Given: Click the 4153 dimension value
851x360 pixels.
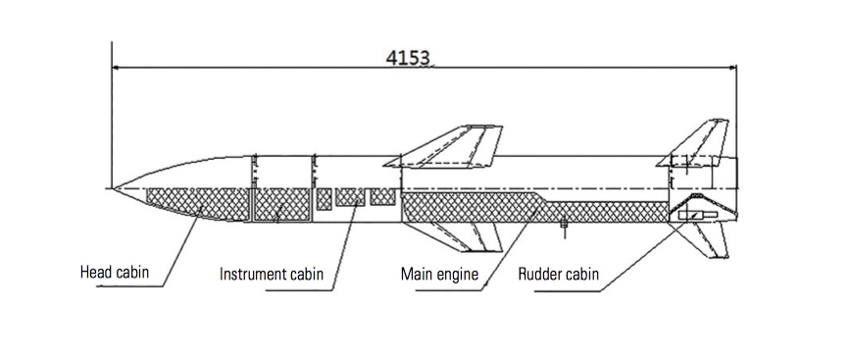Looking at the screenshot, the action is pos(408,57).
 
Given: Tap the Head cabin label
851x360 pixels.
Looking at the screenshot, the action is pos(114,272).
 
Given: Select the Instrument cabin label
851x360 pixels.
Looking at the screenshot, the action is pos(271,274).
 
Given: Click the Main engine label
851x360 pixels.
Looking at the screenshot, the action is pos(439,274).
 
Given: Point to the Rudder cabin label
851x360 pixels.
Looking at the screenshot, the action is pos(559,274).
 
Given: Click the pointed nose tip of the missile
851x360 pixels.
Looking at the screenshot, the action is pos(113,188).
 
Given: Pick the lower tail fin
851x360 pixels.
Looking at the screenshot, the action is pos(706,239).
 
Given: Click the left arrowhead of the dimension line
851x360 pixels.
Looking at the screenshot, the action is pos(116,68).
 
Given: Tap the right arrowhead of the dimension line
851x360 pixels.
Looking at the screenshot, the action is pos(731,68).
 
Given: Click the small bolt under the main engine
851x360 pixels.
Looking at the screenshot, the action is pos(564,226).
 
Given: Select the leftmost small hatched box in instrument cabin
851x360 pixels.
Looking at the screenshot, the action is pos(324,199).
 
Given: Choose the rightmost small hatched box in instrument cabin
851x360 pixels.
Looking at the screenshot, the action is pos(382,196).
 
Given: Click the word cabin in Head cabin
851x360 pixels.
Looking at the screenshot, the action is pos(130,272).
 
